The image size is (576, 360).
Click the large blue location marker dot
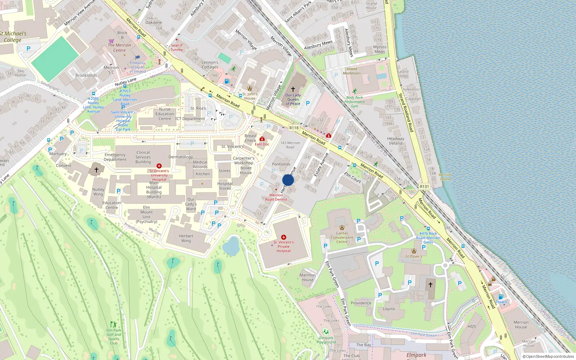click(288, 180)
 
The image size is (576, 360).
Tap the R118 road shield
click(294, 128)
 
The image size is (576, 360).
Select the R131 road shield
click(424, 186)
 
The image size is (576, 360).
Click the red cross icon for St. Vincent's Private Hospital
click(284, 237)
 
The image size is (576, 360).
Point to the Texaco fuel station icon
click(500, 297)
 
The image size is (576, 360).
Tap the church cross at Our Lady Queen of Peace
click(293, 89)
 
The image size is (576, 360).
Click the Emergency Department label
click(115, 157)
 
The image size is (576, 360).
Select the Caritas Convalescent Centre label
click(342, 237)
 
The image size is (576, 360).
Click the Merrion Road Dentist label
click(276, 197)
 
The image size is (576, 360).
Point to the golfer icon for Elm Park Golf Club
click(113, 324)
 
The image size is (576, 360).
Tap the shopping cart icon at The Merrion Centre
click(112, 41)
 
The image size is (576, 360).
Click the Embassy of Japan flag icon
click(138, 57)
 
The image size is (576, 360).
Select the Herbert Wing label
click(186, 238)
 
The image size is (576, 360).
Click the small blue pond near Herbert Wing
click(231, 246)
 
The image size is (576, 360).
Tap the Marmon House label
click(307, 277)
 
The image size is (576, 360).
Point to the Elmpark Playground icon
click(326, 332)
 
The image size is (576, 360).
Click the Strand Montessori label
click(352, 71)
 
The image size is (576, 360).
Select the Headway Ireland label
click(396, 141)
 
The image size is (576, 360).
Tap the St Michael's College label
click(13, 37)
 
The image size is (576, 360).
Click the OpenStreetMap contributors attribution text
click(548, 357)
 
